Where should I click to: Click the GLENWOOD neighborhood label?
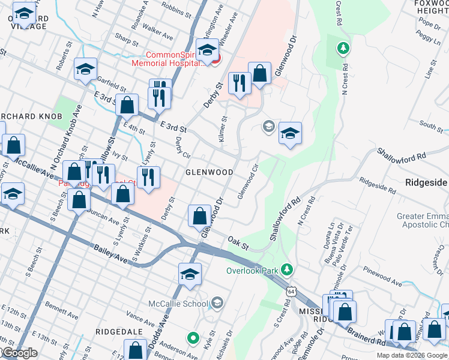coord(209,172)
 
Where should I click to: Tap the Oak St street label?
coord(238,242)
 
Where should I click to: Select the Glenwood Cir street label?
coord(248,179)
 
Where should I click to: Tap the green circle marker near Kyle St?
coord(193,338)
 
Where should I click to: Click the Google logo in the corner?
coord(19,353)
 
